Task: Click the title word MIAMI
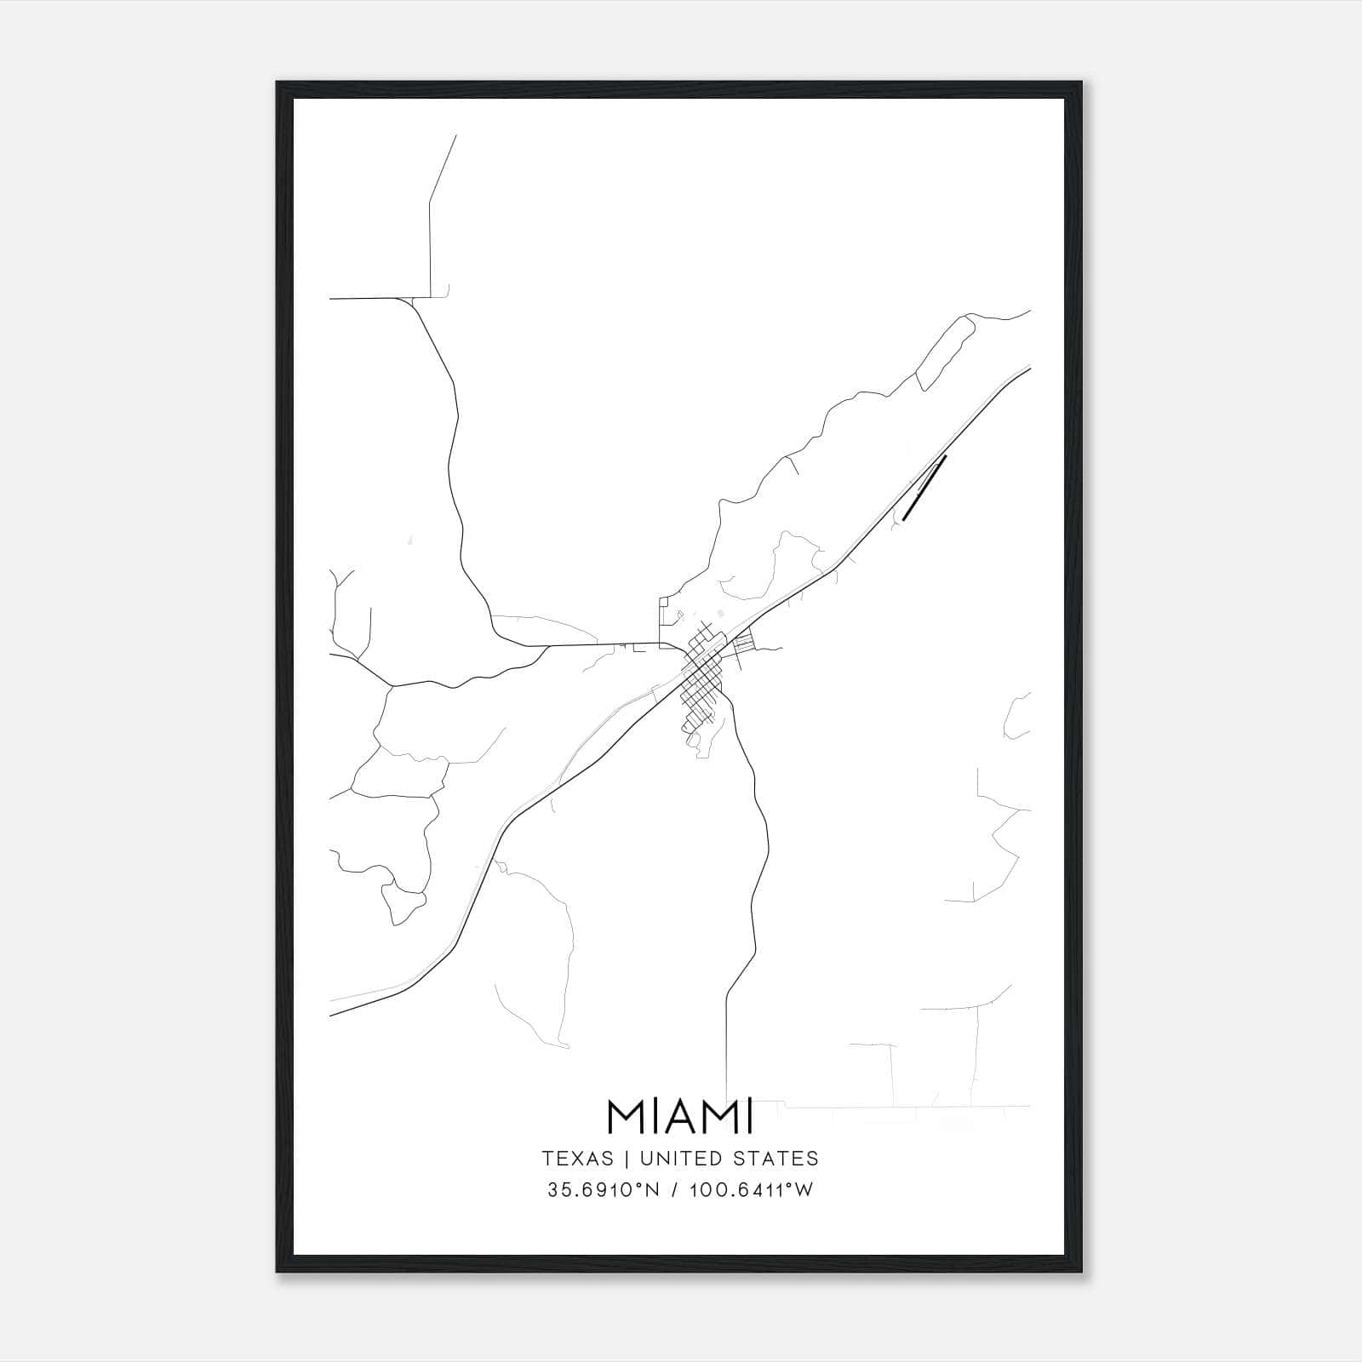point(680,1117)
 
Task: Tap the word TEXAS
point(577,1159)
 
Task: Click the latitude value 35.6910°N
point(604,1190)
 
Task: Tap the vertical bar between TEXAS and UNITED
point(627,1159)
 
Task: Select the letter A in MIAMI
point(679,1117)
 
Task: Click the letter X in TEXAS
point(580,1159)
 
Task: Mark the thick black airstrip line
point(924,486)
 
